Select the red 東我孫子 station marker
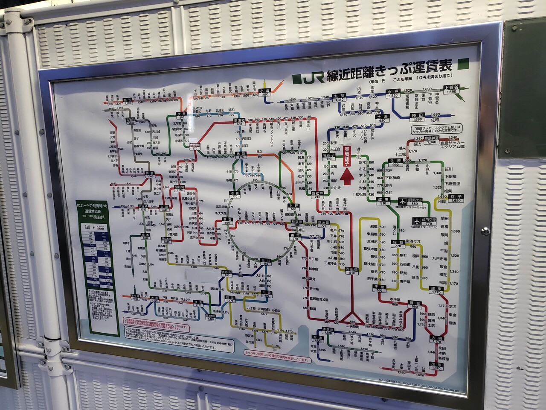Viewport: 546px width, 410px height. click(x=347, y=153)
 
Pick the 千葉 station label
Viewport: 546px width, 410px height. click(x=379, y=287)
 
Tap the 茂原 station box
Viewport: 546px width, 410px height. click(x=437, y=366)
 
